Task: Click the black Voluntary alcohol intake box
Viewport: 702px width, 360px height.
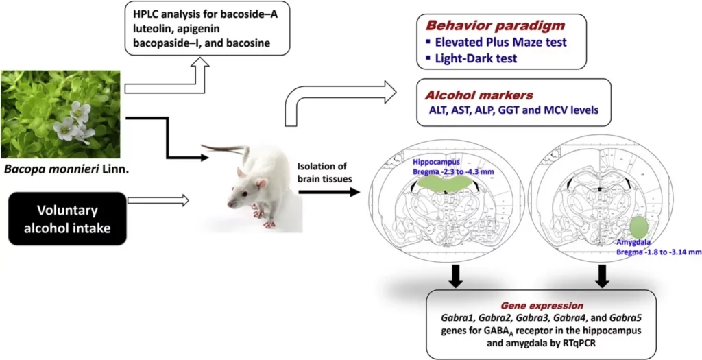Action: pos(69,218)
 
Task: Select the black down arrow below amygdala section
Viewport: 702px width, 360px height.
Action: pos(603,274)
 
